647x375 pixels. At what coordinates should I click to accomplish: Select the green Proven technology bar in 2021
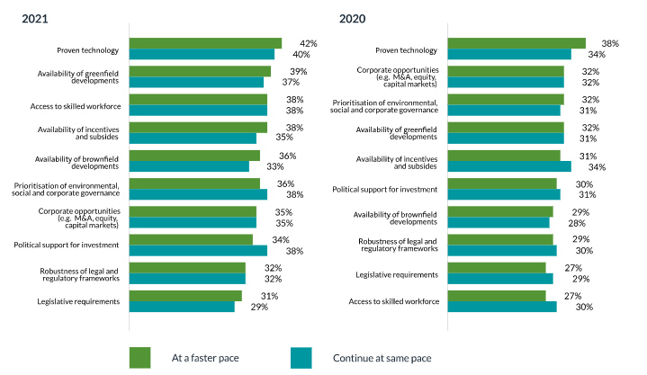[x=205, y=43]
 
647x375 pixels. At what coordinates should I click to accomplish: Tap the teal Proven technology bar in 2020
[x=508, y=54]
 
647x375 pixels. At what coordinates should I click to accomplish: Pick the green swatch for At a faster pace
[x=139, y=357]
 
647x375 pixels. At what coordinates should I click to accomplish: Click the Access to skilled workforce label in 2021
[x=79, y=105]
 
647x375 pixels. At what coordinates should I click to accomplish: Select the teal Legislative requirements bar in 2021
[x=182, y=307]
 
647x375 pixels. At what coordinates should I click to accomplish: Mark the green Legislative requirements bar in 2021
[x=185, y=296]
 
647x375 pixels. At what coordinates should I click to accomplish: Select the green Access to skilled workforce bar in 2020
[x=496, y=296]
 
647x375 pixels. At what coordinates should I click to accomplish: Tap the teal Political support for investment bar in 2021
[x=198, y=250]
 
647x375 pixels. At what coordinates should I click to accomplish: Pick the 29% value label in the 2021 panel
[x=258, y=308]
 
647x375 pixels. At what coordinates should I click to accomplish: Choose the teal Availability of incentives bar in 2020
[x=508, y=165]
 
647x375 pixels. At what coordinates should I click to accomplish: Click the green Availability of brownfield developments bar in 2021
[x=194, y=156]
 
